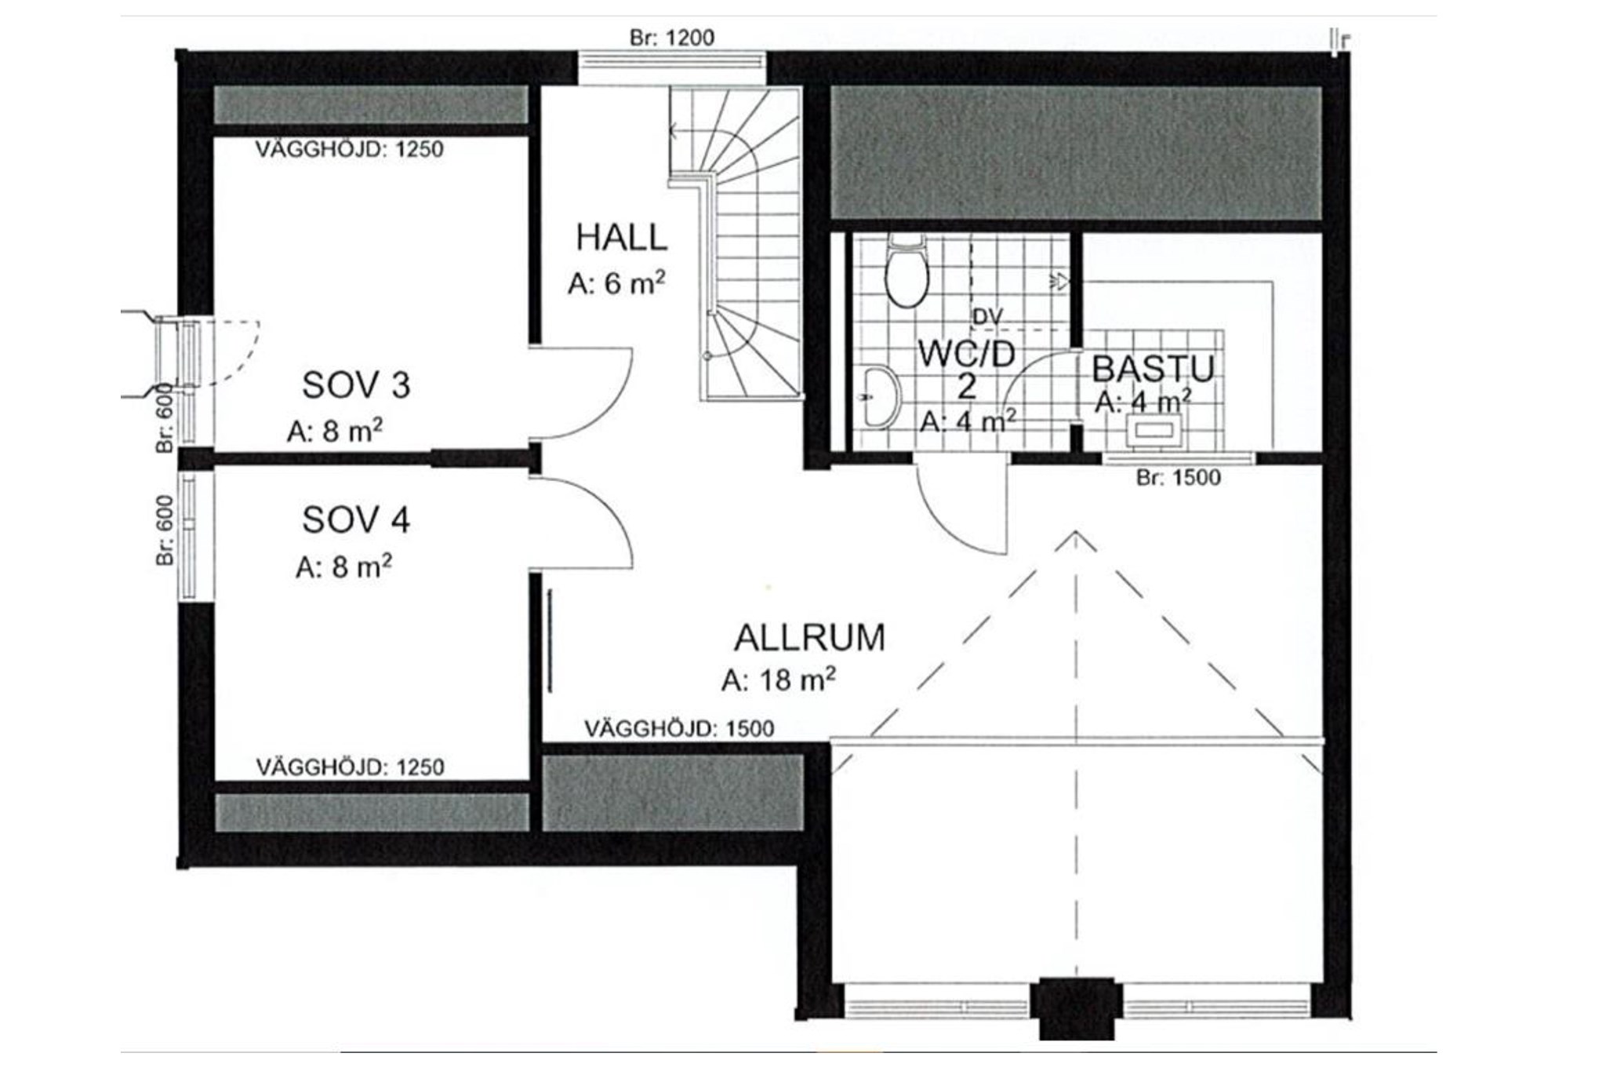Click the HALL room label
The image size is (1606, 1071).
(x=621, y=238)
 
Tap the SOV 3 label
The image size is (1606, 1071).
(x=356, y=385)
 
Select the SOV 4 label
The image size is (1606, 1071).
(x=356, y=520)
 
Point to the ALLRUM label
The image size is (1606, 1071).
(x=809, y=638)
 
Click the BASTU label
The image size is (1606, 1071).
(x=1153, y=369)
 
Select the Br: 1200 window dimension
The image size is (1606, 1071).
(x=672, y=38)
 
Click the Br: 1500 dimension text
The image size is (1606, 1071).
(x=1179, y=477)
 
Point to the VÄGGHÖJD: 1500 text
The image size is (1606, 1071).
(x=679, y=729)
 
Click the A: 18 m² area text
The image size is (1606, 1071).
(x=779, y=679)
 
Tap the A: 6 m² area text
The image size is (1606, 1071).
(x=616, y=282)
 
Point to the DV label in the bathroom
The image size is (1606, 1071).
(x=987, y=317)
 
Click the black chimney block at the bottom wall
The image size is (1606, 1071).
(x=1076, y=1008)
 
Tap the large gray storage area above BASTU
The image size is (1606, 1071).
(x=1076, y=153)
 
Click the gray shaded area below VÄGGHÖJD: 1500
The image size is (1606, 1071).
(x=674, y=792)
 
